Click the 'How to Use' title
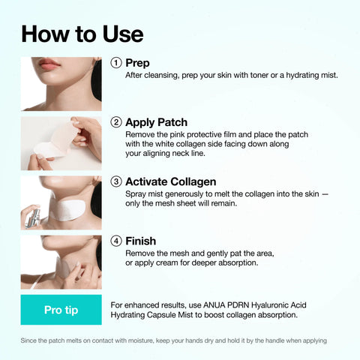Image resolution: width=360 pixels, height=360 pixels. (x=82, y=33)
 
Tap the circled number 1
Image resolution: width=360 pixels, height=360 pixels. (x=116, y=63)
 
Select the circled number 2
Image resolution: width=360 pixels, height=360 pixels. (x=116, y=122)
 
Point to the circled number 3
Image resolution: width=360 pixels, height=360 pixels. (x=116, y=181)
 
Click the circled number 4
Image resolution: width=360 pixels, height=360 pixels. (x=116, y=241)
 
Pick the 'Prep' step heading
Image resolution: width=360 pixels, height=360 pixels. (x=137, y=63)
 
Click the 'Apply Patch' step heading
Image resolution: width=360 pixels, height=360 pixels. (x=156, y=122)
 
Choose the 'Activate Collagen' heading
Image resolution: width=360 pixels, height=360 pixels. (x=170, y=181)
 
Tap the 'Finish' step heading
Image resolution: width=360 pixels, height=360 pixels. (x=140, y=241)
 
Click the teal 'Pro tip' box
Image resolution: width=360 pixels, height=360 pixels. (x=61, y=310)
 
